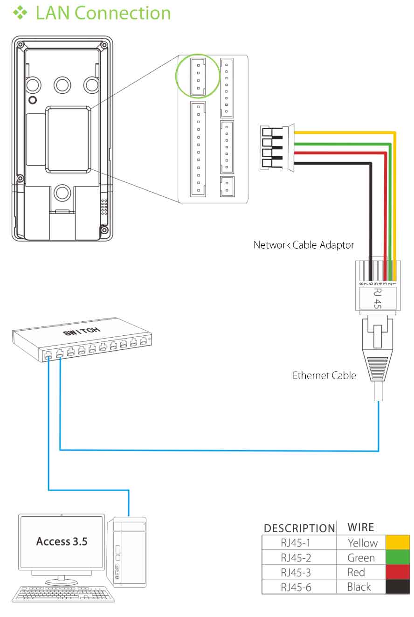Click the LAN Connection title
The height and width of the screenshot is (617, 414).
(x=103, y=13)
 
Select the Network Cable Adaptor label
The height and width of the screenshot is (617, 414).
(x=304, y=245)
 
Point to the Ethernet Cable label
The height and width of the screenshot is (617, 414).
(x=324, y=375)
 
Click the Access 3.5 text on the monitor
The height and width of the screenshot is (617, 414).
(x=62, y=541)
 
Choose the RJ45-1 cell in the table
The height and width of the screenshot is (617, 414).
(x=296, y=543)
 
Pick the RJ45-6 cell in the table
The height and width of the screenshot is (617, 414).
(x=296, y=587)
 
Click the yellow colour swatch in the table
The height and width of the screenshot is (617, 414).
(x=398, y=542)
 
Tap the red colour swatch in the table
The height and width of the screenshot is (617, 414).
(x=398, y=572)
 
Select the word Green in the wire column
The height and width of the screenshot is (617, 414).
(x=361, y=558)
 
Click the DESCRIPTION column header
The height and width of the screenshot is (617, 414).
(x=299, y=528)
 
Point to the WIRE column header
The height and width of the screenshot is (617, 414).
(x=361, y=527)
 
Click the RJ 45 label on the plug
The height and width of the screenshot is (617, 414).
(x=377, y=298)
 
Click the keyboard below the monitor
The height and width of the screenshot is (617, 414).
(x=63, y=594)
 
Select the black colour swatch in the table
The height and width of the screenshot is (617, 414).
(x=398, y=587)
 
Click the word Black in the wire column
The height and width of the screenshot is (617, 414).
(x=359, y=587)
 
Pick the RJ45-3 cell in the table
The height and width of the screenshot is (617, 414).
(x=296, y=572)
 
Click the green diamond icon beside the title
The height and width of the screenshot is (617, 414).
(x=20, y=13)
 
